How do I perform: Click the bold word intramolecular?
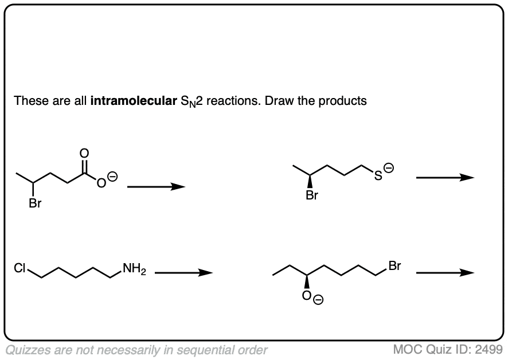click(134, 101)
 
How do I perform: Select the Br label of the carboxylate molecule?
click(35, 203)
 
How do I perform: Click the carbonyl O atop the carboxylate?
click(84, 154)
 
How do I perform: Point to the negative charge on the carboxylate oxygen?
click(112, 177)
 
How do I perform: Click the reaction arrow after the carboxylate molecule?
click(156, 187)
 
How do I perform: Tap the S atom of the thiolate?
click(378, 175)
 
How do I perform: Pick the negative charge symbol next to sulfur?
click(389, 168)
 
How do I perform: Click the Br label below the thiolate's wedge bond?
click(312, 195)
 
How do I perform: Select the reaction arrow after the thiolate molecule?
click(445, 178)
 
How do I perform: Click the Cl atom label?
click(19, 268)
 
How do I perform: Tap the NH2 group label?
click(134, 269)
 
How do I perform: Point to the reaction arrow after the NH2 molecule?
click(183, 273)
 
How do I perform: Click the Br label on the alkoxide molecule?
click(394, 266)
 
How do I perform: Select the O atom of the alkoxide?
click(307, 296)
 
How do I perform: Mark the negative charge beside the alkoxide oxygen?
click(318, 300)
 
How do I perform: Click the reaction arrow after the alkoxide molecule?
click(445, 273)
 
